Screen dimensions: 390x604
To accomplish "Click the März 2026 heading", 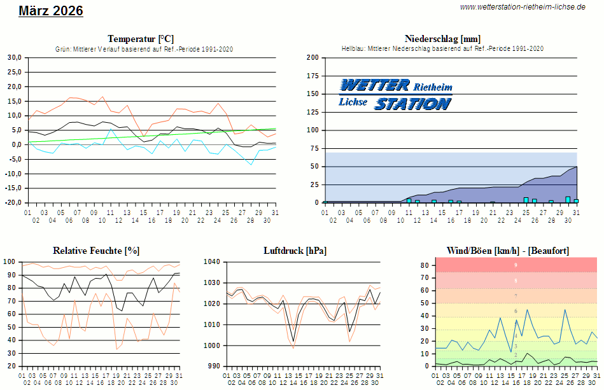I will pos(51,11).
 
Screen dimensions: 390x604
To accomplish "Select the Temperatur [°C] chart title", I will pos(141,39).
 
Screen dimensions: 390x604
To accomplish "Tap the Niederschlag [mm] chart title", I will pos(442,39).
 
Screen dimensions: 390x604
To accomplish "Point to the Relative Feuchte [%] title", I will pos(96,251).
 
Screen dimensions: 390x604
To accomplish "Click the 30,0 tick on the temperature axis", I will pos(14,58).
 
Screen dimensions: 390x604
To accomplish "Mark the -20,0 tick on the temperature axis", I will pos(13,203).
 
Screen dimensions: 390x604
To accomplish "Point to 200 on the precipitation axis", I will pos(313,58).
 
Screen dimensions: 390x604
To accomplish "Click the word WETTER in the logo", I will pos(375,85).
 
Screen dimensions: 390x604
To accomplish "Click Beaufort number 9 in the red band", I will pos(516,265).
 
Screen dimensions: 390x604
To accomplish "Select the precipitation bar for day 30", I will pos(568,200).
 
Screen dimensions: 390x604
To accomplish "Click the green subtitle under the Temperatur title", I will pos(144,49).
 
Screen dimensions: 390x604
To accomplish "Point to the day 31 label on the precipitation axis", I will pos(576,212).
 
